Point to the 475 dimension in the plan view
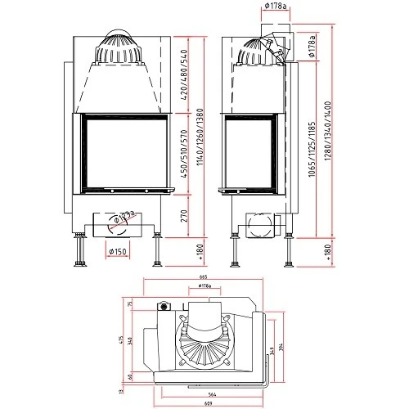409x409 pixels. click(120, 340)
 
